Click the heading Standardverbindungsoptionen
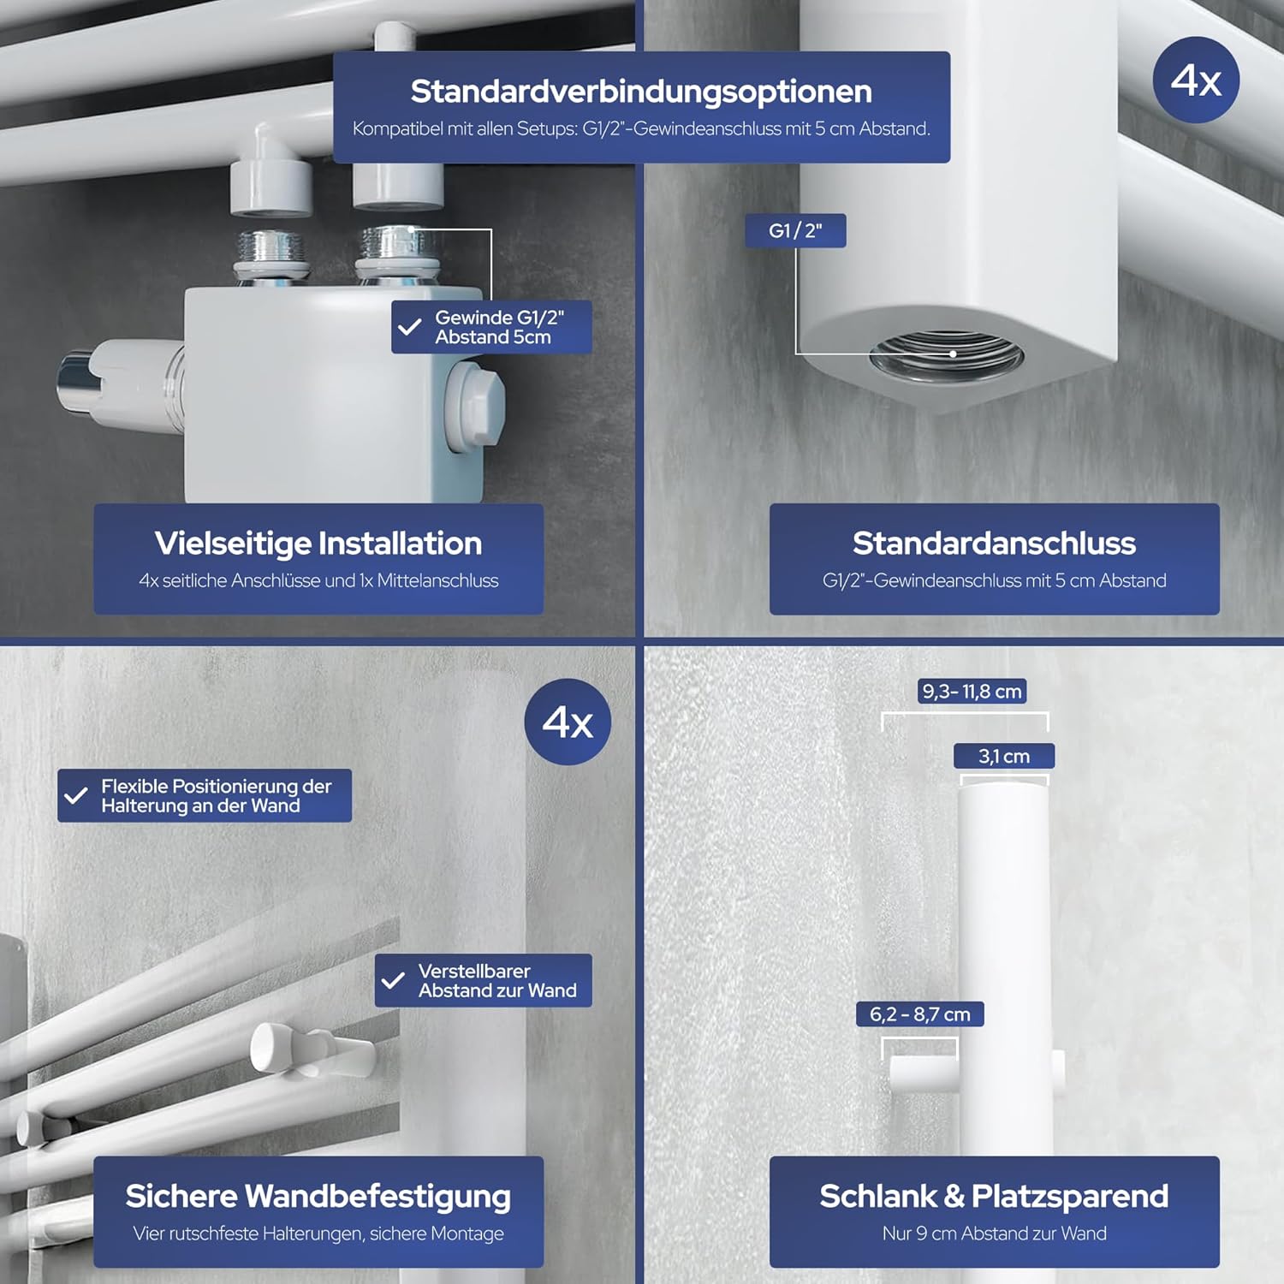point(641,91)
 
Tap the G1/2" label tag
point(795,230)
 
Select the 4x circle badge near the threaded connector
point(1196,80)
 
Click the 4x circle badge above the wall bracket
point(568,722)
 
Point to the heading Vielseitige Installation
point(318,543)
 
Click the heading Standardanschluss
point(994,543)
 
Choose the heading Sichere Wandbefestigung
point(318,1196)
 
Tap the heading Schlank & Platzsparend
point(994,1196)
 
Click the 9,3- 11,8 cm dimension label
point(972,691)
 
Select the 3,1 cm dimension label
point(1004,756)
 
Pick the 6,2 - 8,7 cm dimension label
point(920,1014)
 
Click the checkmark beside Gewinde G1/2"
point(410,327)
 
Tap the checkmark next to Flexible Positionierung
point(76,795)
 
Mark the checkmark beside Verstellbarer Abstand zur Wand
point(393,980)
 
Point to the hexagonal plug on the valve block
point(474,406)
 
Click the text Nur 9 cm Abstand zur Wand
point(994,1233)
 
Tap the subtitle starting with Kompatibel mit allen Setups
point(641,128)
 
